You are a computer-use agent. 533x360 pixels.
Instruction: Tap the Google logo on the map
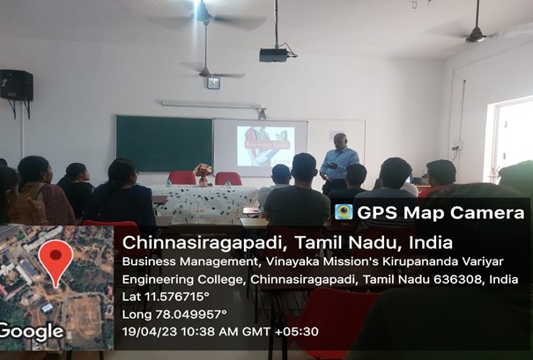31,333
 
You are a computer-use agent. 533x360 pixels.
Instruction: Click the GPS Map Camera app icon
344,212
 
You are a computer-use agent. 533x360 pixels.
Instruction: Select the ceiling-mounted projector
274,55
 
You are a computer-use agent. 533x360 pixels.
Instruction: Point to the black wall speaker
17,85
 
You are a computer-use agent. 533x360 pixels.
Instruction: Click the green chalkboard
165,143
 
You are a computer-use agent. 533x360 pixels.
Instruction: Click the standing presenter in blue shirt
338,161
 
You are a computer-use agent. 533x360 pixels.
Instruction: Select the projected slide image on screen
265,146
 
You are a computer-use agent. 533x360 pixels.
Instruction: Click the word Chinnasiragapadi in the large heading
205,242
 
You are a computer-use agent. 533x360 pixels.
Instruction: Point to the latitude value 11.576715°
177,297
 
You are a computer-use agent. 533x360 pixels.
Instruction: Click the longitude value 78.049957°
191,314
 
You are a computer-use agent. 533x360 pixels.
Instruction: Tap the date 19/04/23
150,332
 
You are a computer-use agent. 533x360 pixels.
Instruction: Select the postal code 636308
458,280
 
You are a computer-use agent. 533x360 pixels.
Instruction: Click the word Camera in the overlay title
487,213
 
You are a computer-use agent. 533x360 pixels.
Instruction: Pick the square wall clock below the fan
213,83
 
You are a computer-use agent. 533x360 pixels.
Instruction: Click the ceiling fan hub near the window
476,36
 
